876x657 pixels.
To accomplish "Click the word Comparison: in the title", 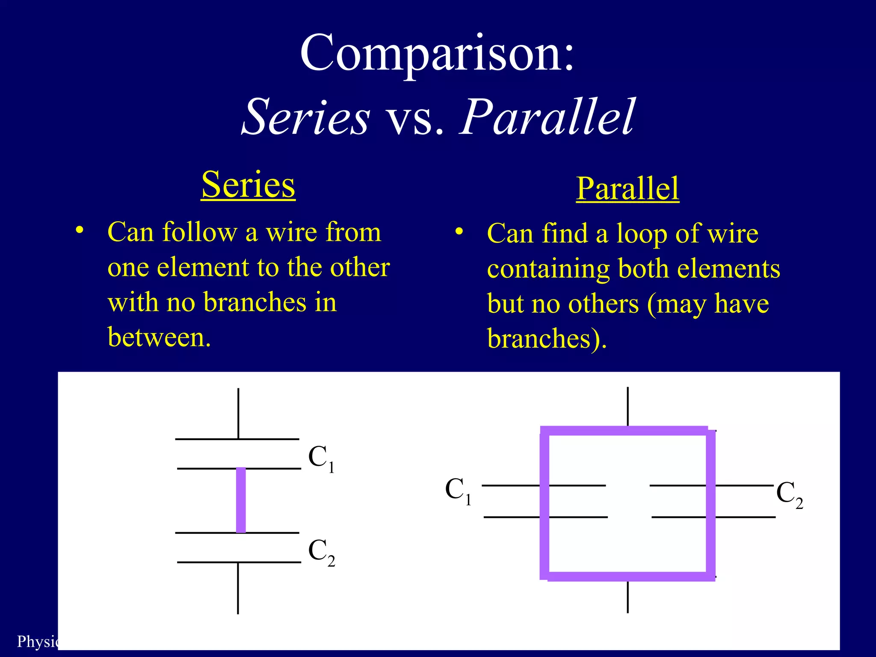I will click(x=437, y=53).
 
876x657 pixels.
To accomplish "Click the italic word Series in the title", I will click(x=306, y=117).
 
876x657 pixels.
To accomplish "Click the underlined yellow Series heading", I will click(x=248, y=185).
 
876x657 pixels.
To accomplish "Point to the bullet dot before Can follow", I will click(x=79, y=230).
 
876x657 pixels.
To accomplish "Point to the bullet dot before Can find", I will click(x=459, y=231).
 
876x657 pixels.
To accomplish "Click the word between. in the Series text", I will click(x=159, y=337).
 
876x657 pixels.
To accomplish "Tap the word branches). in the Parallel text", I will click(x=547, y=339).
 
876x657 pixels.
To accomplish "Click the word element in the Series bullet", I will click(x=203, y=268).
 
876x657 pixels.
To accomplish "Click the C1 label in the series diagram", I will click(x=321, y=458).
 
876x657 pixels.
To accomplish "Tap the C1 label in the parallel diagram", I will click(x=458, y=491).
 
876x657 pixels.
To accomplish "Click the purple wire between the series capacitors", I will click(x=241, y=500).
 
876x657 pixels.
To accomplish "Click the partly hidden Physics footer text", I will click(x=37, y=641).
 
